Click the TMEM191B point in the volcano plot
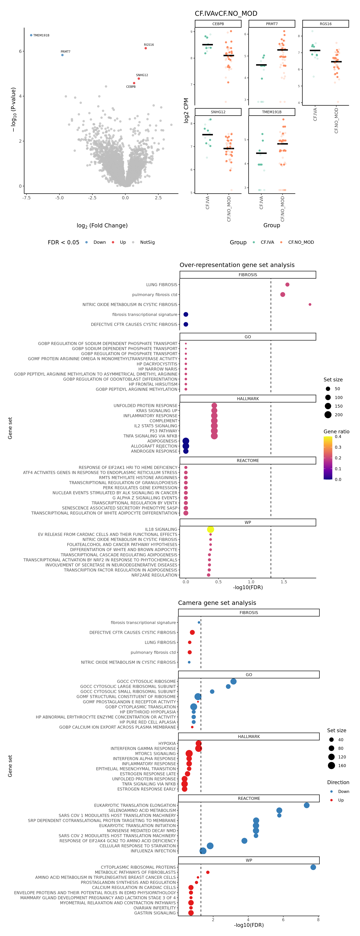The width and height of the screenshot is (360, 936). [x=31, y=35]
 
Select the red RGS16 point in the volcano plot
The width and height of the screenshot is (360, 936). [x=146, y=48]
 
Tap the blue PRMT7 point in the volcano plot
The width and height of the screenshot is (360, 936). [x=62, y=55]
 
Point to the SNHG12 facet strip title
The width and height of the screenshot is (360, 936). [x=218, y=112]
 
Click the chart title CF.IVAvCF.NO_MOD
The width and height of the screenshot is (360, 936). [x=226, y=13]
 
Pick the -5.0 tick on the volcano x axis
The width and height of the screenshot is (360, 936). [x=60, y=198]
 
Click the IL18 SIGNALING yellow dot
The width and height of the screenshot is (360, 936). [x=210, y=529]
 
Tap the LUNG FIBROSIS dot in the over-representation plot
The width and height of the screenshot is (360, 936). [x=287, y=284]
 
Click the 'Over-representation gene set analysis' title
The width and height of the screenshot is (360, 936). [x=237, y=265]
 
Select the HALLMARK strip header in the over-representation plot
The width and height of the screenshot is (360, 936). [x=248, y=399]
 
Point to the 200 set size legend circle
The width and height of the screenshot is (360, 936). [x=328, y=415]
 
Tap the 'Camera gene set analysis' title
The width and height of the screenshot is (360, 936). [x=217, y=603]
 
